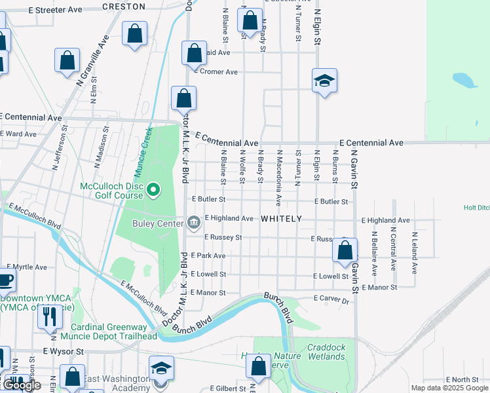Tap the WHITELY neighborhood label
pyautogui.click(x=281, y=219)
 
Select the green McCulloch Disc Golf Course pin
pyautogui.click(x=153, y=191)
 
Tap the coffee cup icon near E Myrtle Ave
pyautogui.click(x=5, y=280)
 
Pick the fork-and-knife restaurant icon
pyautogui.click(x=50, y=317)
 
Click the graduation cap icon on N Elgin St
pyautogui.click(x=324, y=81)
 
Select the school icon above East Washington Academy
pyautogui.click(x=161, y=368)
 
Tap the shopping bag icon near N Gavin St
pyautogui.click(x=345, y=251)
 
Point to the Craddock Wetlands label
pyautogui.click(x=326, y=352)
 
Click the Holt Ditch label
pyautogui.click(x=476, y=208)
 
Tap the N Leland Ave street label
pyautogui.click(x=415, y=252)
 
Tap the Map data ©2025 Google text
pyautogui.click(x=449, y=388)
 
